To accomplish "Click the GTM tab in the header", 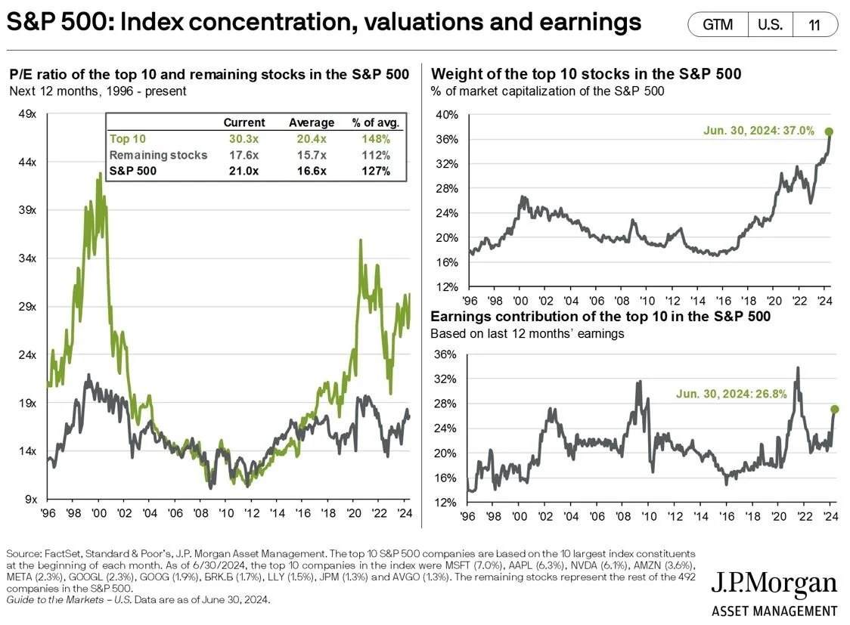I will [x=718, y=24].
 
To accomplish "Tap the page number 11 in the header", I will [x=814, y=24].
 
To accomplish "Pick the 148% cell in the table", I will [x=376, y=139].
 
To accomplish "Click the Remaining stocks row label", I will [x=158, y=155].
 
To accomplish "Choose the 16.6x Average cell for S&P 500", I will [x=311, y=171].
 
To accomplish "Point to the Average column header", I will [x=311, y=122].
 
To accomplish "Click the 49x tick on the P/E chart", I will [x=26, y=114].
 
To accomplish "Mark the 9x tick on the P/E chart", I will [x=30, y=500].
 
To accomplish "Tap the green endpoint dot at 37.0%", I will [x=829, y=131].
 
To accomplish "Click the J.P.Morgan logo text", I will [x=774, y=584].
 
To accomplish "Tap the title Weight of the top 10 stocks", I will [x=585, y=74].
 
